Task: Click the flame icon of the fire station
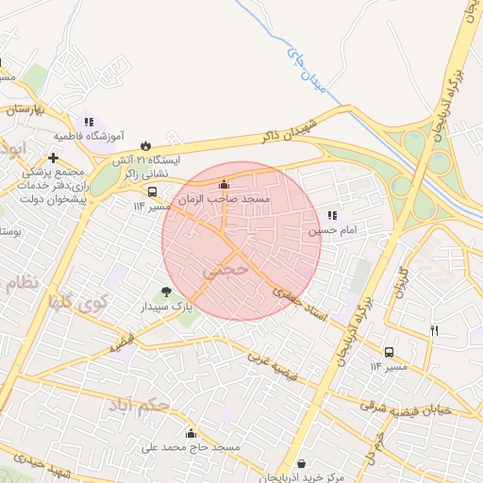[x=145, y=144]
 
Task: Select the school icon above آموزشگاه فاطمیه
[x=89, y=122]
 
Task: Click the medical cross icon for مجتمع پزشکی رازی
[x=54, y=158]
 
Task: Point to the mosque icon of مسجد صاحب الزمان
[x=224, y=185]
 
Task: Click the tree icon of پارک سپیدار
[x=167, y=291]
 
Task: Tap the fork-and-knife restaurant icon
[x=435, y=330]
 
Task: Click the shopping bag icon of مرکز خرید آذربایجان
[x=301, y=463]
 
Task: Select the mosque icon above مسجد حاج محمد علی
[x=192, y=433]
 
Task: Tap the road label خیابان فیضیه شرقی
[x=419, y=407]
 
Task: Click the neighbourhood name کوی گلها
[x=79, y=304]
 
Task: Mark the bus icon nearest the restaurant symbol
[x=390, y=351]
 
